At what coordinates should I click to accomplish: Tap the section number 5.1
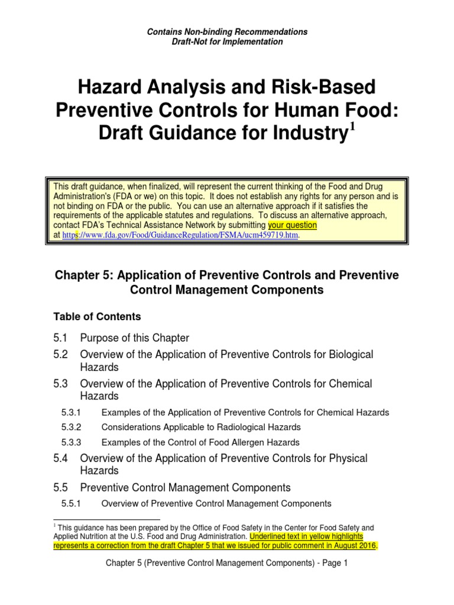pos(61,338)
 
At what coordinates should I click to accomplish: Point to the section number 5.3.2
pos(71,427)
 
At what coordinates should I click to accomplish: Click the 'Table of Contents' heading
pos(98,316)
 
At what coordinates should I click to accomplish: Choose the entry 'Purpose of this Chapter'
pos(134,338)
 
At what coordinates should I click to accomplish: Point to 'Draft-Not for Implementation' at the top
pos(227,42)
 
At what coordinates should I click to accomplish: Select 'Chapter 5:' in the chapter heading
pos(78,275)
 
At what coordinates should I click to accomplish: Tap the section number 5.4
pos(61,458)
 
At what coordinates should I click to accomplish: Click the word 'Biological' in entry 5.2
pos(344,354)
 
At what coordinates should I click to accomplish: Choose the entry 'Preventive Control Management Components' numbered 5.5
pos(185,487)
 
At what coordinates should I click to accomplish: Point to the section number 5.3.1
pos(71,412)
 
